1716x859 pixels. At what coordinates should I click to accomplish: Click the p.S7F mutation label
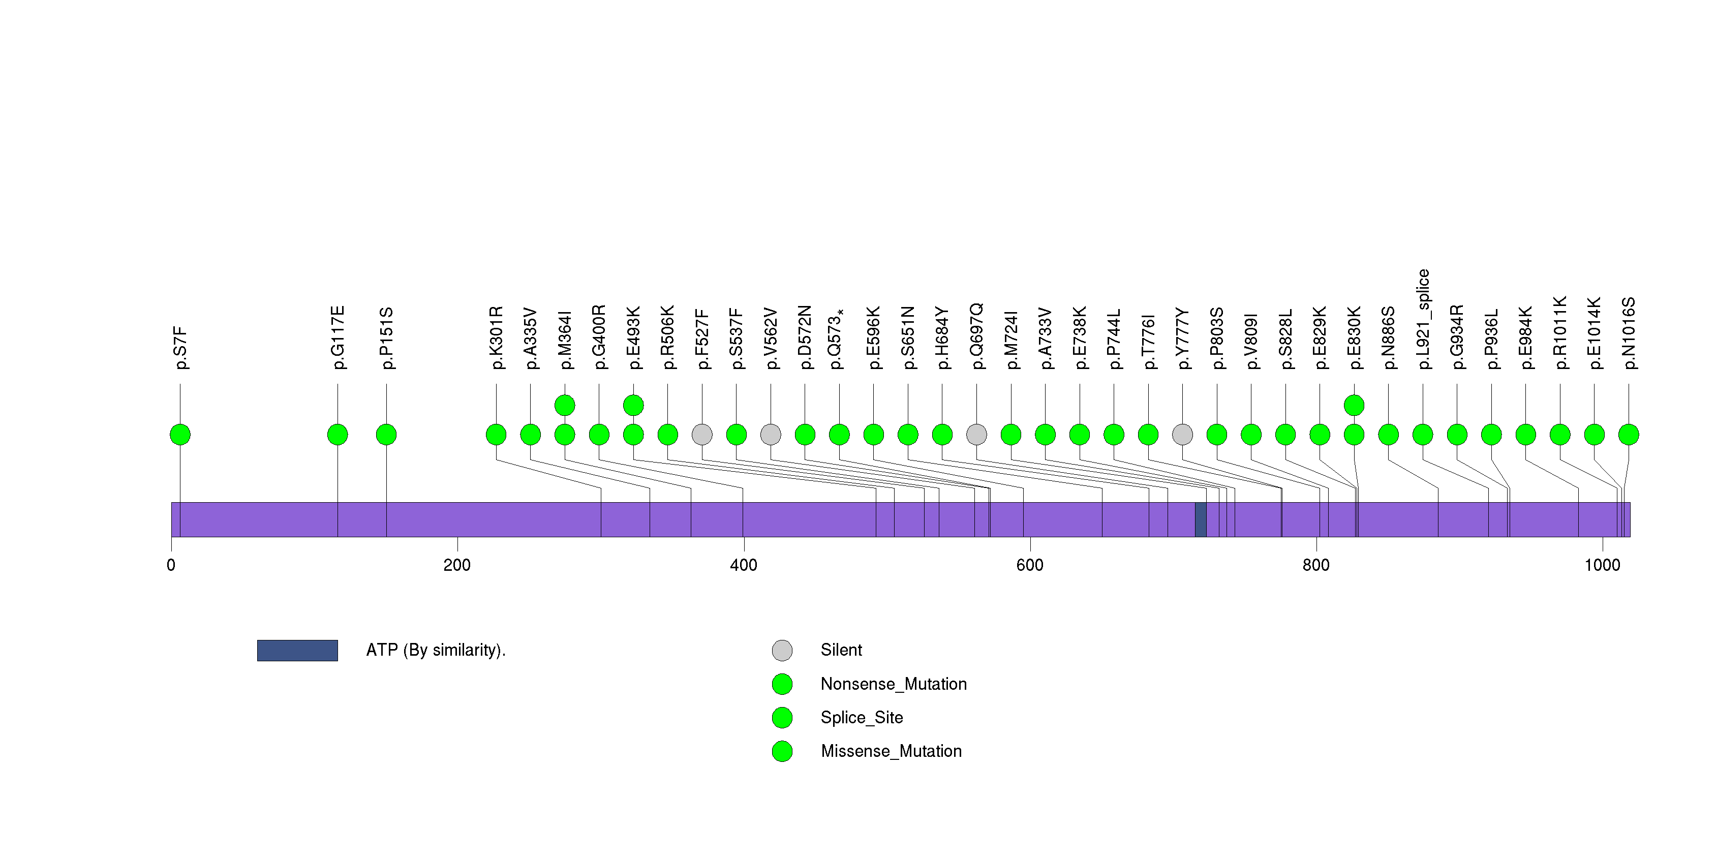pyautogui.click(x=180, y=348)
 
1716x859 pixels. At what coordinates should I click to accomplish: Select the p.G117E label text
pyautogui.click(x=338, y=338)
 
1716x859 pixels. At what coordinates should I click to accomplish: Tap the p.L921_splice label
pyautogui.click(x=1423, y=319)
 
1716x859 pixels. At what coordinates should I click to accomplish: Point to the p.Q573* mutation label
pyautogui.click(x=837, y=339)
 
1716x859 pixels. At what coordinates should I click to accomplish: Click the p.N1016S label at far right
pyautogui.click(x=1628, y=333)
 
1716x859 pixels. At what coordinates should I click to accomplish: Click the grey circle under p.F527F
pyautogui.click(x=702, y=435)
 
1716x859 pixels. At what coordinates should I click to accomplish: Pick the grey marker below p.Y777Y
pyautogui.click(x=1182, y=435)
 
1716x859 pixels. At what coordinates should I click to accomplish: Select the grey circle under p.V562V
pyautogui.click(x=771, y=435)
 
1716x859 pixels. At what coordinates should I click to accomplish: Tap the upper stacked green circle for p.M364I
pyautogui.click(x=565, y=405)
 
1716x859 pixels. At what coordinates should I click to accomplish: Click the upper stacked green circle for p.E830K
pyautogui.click(x=1354, y=405)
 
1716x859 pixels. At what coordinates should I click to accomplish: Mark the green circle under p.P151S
pyautogui.click(x=386, y=435)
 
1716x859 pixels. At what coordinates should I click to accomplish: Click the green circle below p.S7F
pyautogui.click(x=180, y=435)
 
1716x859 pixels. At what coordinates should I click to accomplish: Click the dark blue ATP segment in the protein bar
pyautogui.click(x=1201, y=519)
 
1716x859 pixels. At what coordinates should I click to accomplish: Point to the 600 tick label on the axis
pyautogui.click(x=1030, y=565)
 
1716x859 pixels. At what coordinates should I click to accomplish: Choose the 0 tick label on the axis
pyautogui.click(x=171, y=565)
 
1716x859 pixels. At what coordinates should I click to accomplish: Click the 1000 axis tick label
pyautogui.click(x=1602, y=565)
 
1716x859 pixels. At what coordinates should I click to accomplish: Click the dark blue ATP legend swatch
pyautogui.click(x=297, y=651)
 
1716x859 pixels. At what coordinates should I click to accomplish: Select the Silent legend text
pyautogui.click(x=841, y=650)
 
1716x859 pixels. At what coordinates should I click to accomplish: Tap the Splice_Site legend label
pyautogui.click(x=862, y=717)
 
